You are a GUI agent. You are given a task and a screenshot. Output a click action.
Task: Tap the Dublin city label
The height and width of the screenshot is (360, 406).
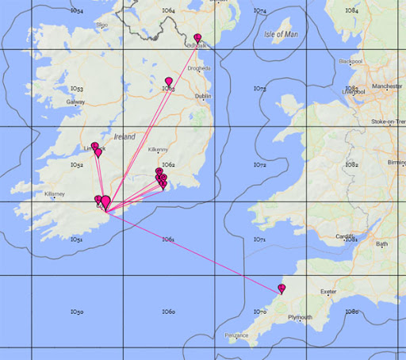tap(203, 96)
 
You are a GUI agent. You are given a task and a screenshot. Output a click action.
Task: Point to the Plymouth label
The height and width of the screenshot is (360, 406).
tap(300, 317)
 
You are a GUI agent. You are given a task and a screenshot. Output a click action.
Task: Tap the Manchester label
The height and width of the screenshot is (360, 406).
tap(387, 84)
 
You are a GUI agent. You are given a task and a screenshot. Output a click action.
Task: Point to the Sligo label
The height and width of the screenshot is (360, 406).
tap(101, 25)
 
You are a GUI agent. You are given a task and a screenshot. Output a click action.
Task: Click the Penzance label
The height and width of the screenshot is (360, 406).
tap(236, 335)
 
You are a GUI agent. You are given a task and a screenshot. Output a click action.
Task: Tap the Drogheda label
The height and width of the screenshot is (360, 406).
tap(199, 68)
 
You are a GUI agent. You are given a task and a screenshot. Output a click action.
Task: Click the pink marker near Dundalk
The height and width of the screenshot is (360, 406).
tap(197, 38)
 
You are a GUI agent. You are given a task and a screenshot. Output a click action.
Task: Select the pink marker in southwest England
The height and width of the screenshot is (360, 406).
tap(282, 289)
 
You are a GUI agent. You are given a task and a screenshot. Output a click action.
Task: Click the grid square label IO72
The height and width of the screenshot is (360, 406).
tap(260, 165)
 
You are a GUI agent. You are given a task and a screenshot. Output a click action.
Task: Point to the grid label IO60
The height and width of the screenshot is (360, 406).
tap(168, 312)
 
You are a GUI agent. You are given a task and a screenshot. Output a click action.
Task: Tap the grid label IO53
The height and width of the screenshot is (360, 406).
tap(77, 88)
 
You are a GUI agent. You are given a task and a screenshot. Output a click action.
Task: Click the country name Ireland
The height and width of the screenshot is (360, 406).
tap(124, 136)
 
